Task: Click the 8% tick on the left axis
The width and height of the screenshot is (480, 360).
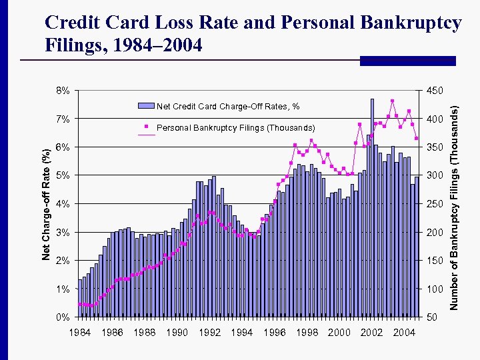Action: click(x=63, y=91)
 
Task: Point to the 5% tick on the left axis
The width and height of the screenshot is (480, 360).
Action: click(x=63, y=175)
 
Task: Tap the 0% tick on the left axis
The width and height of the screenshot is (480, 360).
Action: click(x=63, y=317)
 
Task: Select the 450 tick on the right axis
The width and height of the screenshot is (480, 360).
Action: click(x=434, y=91)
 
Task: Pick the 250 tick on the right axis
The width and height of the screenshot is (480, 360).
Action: click(x=434, y=204)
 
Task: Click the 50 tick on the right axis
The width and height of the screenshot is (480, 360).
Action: click(x=431, y=317)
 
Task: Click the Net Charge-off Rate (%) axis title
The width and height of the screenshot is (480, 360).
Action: click(x=46, y=203)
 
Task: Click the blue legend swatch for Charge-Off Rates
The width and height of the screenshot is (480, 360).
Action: click(x=145, y=105)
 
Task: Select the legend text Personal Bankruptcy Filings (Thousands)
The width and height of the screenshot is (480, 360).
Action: click(x=235, y=127)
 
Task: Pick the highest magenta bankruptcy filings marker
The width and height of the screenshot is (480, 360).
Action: click(x=393, y=101)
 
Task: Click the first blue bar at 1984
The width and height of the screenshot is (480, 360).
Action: click(x=80, y=298)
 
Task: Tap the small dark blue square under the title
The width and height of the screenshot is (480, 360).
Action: click(x=369, y=61)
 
